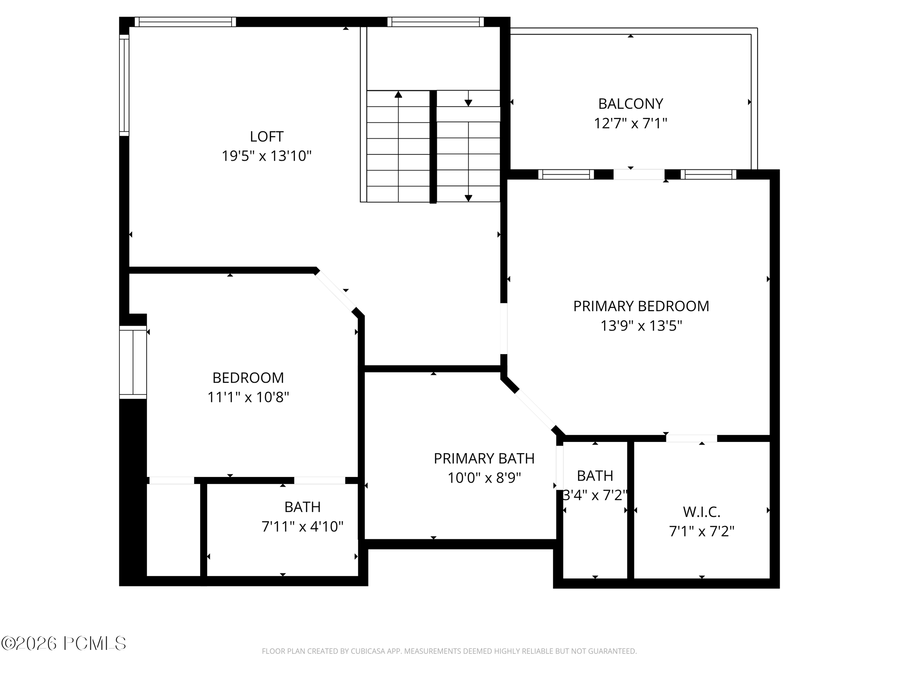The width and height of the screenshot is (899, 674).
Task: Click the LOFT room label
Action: [x=266, y=136]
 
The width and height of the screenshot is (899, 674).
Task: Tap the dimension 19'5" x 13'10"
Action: [x=266, y=156]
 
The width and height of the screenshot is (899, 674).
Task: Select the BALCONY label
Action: [x=630, y=104]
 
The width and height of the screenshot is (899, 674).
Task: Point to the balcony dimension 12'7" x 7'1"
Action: [x=630, y=124]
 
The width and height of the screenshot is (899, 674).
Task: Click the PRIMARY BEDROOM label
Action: [x=641, y=306]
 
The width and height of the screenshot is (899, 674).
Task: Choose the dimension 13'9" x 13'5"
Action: [x=641, y=326]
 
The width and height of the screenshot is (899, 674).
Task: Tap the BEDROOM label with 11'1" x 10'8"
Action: [x=248, y=378]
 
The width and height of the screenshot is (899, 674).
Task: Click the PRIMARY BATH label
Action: [x=484, y=459]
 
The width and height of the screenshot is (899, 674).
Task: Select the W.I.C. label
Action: [x=701, y=512]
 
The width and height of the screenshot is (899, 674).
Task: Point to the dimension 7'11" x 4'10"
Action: [x=302, y=527]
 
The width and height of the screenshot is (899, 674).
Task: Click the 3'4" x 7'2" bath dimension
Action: [x=595, y=495]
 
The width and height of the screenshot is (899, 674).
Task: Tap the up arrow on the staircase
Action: [x=398, y=94]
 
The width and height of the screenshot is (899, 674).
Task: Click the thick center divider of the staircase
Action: [x=433, y=147]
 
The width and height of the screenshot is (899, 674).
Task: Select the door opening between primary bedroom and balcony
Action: [x=639, y=175]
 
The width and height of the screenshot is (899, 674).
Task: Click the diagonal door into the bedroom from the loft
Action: [x=335, y=291]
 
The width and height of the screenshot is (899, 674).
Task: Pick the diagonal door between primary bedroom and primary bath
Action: [x=536, y=409]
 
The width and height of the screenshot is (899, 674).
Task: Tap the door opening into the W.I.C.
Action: [x=691, y=438]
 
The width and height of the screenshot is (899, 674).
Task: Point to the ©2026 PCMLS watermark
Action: [x=64, y=644]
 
